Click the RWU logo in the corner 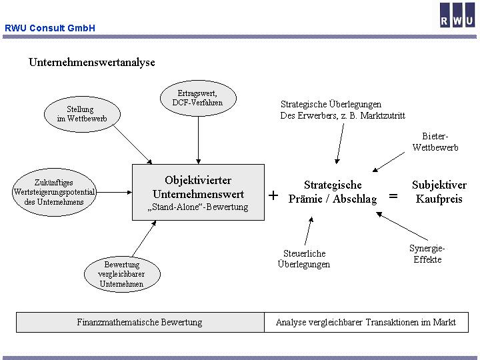coord(457,15)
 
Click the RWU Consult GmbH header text coord(50,28)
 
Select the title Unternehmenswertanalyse coord(91,62)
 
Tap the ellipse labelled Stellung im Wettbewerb coord(80,114)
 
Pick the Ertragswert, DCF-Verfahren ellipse coord(197,98)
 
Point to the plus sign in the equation coord(273,196)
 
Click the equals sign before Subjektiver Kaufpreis coord(393,196)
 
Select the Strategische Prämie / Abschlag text coord(333,192)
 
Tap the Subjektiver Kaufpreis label coord(437,192)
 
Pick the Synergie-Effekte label coord(427,254)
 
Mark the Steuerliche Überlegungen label coord(304,259)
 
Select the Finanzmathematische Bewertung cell coord(139,323)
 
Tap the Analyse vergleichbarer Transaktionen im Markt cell coord(366,323)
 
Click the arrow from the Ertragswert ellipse coord(198,137)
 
